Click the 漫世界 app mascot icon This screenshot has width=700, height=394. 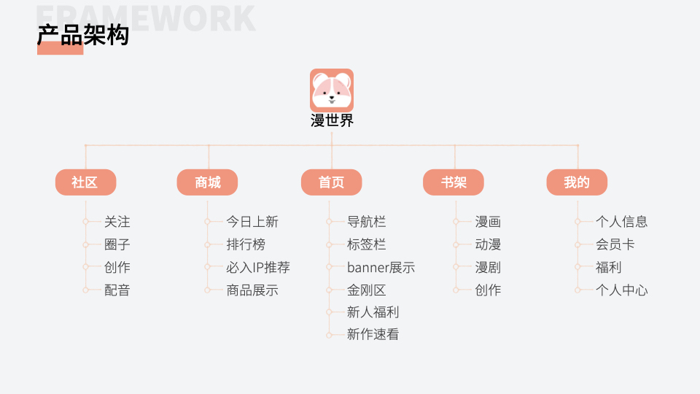point(332,90)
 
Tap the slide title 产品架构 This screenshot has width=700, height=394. point(83,35)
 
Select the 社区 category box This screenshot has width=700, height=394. point(86,182)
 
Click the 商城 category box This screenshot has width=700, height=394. point(207,182)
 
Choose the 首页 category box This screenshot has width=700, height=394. point(331,182)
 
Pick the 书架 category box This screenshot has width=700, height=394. point(454,182)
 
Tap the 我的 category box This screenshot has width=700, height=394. point(577,182)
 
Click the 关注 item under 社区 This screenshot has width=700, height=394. point(117,222)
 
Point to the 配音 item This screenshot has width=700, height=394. point(117,290)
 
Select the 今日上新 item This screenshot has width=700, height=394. point(252,222)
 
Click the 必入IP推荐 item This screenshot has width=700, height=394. point(257,267)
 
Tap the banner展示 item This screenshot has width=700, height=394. point(381,267)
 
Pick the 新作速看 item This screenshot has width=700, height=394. point(373,334)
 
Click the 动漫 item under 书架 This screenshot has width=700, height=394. point(488,244)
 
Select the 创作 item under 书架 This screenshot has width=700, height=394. point(488,290)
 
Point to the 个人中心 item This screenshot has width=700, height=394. point(621,290)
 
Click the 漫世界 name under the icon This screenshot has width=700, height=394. point(332,121)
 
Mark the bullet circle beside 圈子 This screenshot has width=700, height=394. point(85,244)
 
